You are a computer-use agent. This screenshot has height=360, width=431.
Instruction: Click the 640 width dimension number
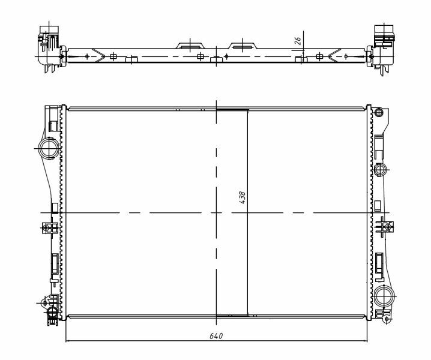pos(217,336)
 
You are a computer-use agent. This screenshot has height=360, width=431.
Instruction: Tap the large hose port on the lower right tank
pos(385,295)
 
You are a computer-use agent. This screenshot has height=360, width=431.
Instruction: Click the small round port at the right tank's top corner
pos(378,112)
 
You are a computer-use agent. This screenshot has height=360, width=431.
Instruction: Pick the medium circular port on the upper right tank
pos(381,170)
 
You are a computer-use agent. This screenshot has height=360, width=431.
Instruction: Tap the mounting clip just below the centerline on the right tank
pos(384,226)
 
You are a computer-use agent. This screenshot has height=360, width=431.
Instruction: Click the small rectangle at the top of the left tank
pos(52,125)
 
